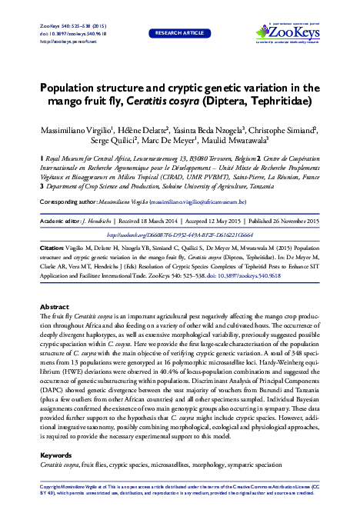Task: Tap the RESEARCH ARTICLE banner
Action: (x=180, y=34)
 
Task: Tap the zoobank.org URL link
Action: (x=179, y=235)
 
